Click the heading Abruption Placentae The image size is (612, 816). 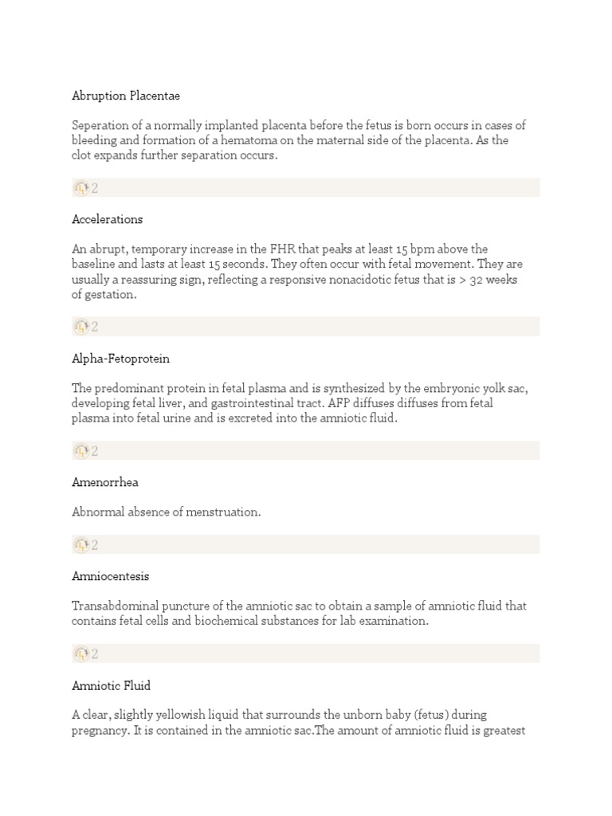[x=126, y=96]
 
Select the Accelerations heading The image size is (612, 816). [x=108, y=219]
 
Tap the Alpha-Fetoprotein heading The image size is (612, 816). [x=120, y=359]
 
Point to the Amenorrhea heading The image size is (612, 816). [x=104, y=482]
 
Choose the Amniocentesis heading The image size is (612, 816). [x=111, y=576]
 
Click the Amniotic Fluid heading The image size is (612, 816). [x=111, y=685]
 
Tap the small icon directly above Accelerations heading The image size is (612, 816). [x=81, y=188]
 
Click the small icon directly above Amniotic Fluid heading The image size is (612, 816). [x=81, y=654]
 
